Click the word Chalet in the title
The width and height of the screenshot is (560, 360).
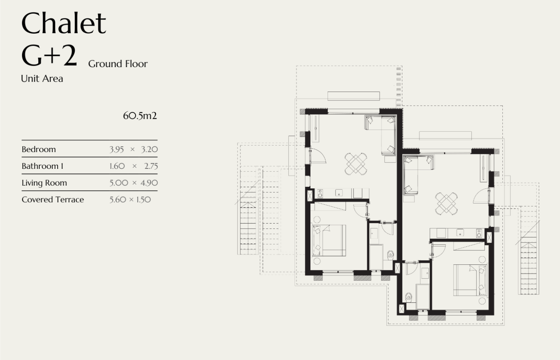pos(64,23)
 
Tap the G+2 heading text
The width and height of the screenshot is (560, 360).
pos(49,55)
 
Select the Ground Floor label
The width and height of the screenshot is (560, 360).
pos(118,64)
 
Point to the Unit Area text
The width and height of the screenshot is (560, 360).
pos(42,78)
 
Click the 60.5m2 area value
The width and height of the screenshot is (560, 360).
pos(140,116)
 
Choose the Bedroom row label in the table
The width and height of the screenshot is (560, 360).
pos(39,149)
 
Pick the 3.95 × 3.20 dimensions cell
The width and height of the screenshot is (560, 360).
pos(134,150)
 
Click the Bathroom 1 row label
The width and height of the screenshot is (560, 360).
pos(42,166)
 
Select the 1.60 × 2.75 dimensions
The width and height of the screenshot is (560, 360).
pos(134,166)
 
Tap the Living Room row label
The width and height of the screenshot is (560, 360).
pos(44,183)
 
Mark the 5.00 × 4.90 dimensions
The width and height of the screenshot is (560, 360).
pos(134,183)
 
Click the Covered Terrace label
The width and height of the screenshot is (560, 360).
pos(53,200)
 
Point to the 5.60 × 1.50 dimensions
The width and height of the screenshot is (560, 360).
pos(130,200)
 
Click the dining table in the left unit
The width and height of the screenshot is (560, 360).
pos(356,164)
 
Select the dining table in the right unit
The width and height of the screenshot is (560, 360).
pos(446,204)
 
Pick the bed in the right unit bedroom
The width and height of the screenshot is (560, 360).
pos(470,280)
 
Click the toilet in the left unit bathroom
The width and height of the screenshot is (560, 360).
pos(390,255)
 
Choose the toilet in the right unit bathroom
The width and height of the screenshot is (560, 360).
pos(409,297)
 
